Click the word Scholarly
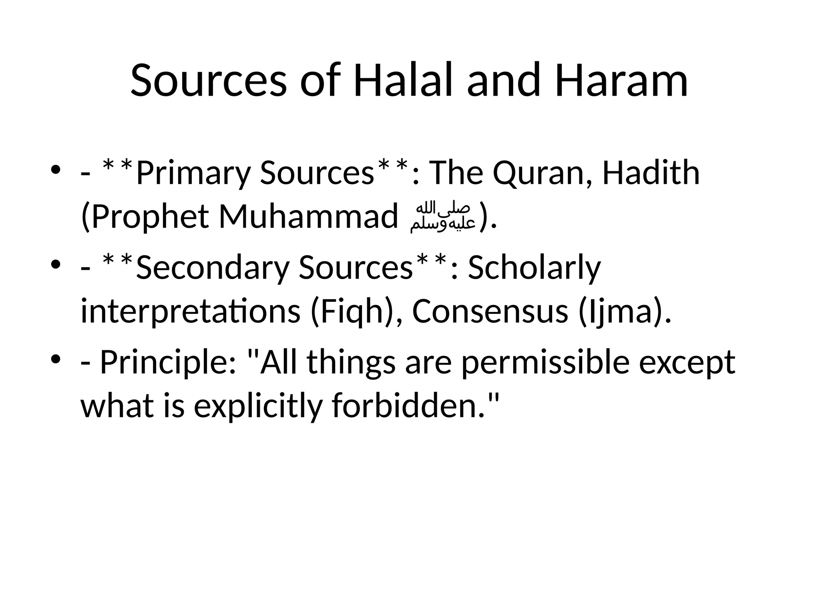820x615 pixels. pyautogui.click(x=535, y=267)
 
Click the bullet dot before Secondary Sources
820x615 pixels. pyautogui.click(x=56, y=264)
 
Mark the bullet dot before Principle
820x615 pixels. pyautogui.click(x=56, y=358)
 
